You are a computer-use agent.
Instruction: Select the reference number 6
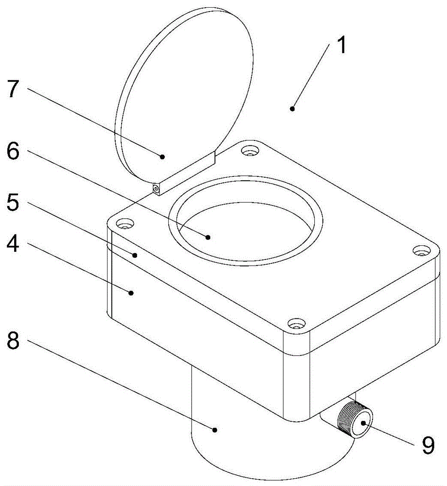point(13,152)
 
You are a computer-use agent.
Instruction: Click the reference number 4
point(13,244)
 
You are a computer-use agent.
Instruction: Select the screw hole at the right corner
point(419,251)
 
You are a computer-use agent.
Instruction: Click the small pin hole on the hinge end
point(156,189)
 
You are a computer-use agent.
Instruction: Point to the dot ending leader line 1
point(292,108)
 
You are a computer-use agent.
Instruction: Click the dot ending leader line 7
point(162,156)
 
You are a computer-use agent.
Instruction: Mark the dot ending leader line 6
point(208,237)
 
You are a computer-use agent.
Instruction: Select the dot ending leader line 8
point(215,429)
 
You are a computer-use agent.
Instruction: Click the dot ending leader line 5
point(136,254)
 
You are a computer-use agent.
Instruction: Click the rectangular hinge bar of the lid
point(187,173)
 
